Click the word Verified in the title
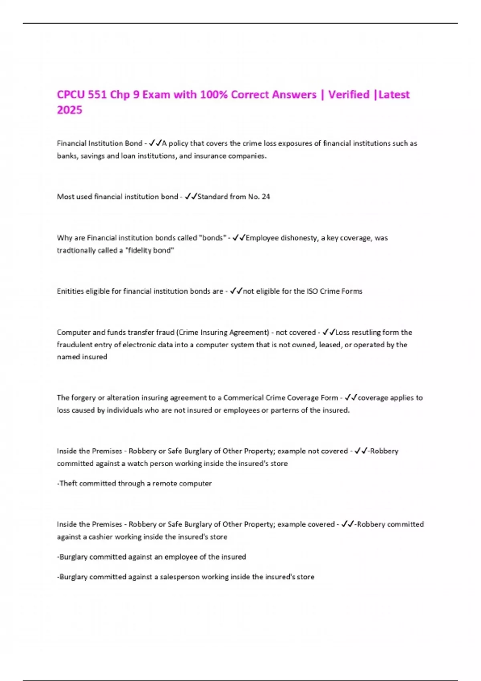(349, 95)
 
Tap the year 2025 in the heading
(69, 110)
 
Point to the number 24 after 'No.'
(266, 197)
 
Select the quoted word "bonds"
(212, 238)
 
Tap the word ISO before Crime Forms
(312, 291)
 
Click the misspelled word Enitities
(71, 291)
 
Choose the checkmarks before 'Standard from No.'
(191, 197)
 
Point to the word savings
(93, 156)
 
